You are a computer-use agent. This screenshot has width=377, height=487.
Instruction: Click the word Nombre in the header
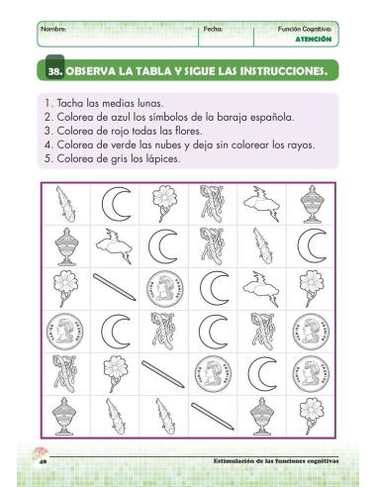pos(54,30)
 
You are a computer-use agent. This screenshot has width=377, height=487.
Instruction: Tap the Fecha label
pos(212,30)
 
